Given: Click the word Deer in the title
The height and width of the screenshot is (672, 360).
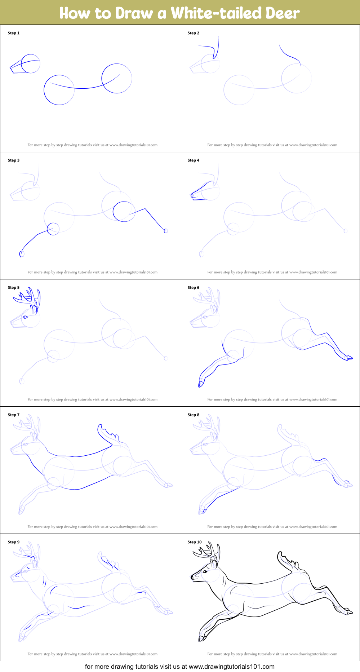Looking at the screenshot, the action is [x=283, y=13].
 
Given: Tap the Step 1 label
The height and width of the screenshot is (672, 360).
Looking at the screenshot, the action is [x=14, y=33].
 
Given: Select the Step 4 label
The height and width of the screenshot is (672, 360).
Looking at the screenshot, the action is [x=194, y=160].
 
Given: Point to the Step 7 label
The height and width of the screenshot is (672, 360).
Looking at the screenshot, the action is [x=14, y=415].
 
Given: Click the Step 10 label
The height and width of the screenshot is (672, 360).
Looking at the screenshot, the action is [x=195, y=542].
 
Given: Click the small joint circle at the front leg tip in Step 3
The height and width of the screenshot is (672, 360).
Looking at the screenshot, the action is [x=22, y=254].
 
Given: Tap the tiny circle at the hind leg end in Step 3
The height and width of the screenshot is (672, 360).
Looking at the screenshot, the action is [x=166, y=231].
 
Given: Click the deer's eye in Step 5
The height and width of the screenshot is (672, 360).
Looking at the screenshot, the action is [x=25, y=317].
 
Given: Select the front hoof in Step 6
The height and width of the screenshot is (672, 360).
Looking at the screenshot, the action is [x=201, y=384].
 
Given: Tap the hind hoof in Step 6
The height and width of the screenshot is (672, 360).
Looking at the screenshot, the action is [x=349, y=358].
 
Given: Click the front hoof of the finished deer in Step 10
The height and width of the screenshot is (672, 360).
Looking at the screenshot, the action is [x=201, y=638].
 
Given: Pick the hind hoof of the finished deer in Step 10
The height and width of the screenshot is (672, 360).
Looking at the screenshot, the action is [x=349, y=612].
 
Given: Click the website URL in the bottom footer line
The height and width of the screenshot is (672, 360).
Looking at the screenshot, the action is [x=232, y=667].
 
